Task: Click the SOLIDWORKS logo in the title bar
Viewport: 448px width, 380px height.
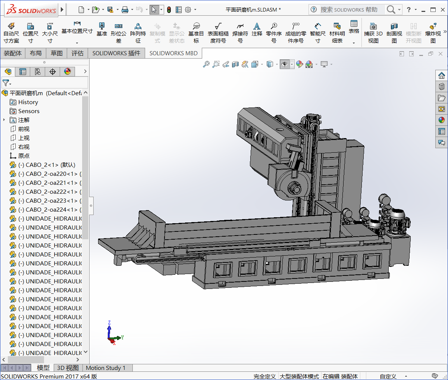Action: (31, 10)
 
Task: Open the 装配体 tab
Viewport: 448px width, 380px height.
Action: (13, 53)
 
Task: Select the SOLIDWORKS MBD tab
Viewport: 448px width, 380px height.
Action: (173, 53)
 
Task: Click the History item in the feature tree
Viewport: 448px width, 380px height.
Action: (28, 102)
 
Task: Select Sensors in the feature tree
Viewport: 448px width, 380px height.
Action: (29, 111)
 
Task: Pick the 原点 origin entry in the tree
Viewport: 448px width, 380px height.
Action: (24, 156)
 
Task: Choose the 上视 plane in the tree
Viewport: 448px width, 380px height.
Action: (24, 138)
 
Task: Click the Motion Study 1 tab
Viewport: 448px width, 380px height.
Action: (106, 368)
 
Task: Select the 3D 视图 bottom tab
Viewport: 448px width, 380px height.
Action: (68, 368)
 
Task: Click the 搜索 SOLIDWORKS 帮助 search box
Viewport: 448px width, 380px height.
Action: (349, 10)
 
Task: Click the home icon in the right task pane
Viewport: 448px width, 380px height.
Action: (442, 75)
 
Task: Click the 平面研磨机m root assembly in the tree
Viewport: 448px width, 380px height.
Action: (26, 93)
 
